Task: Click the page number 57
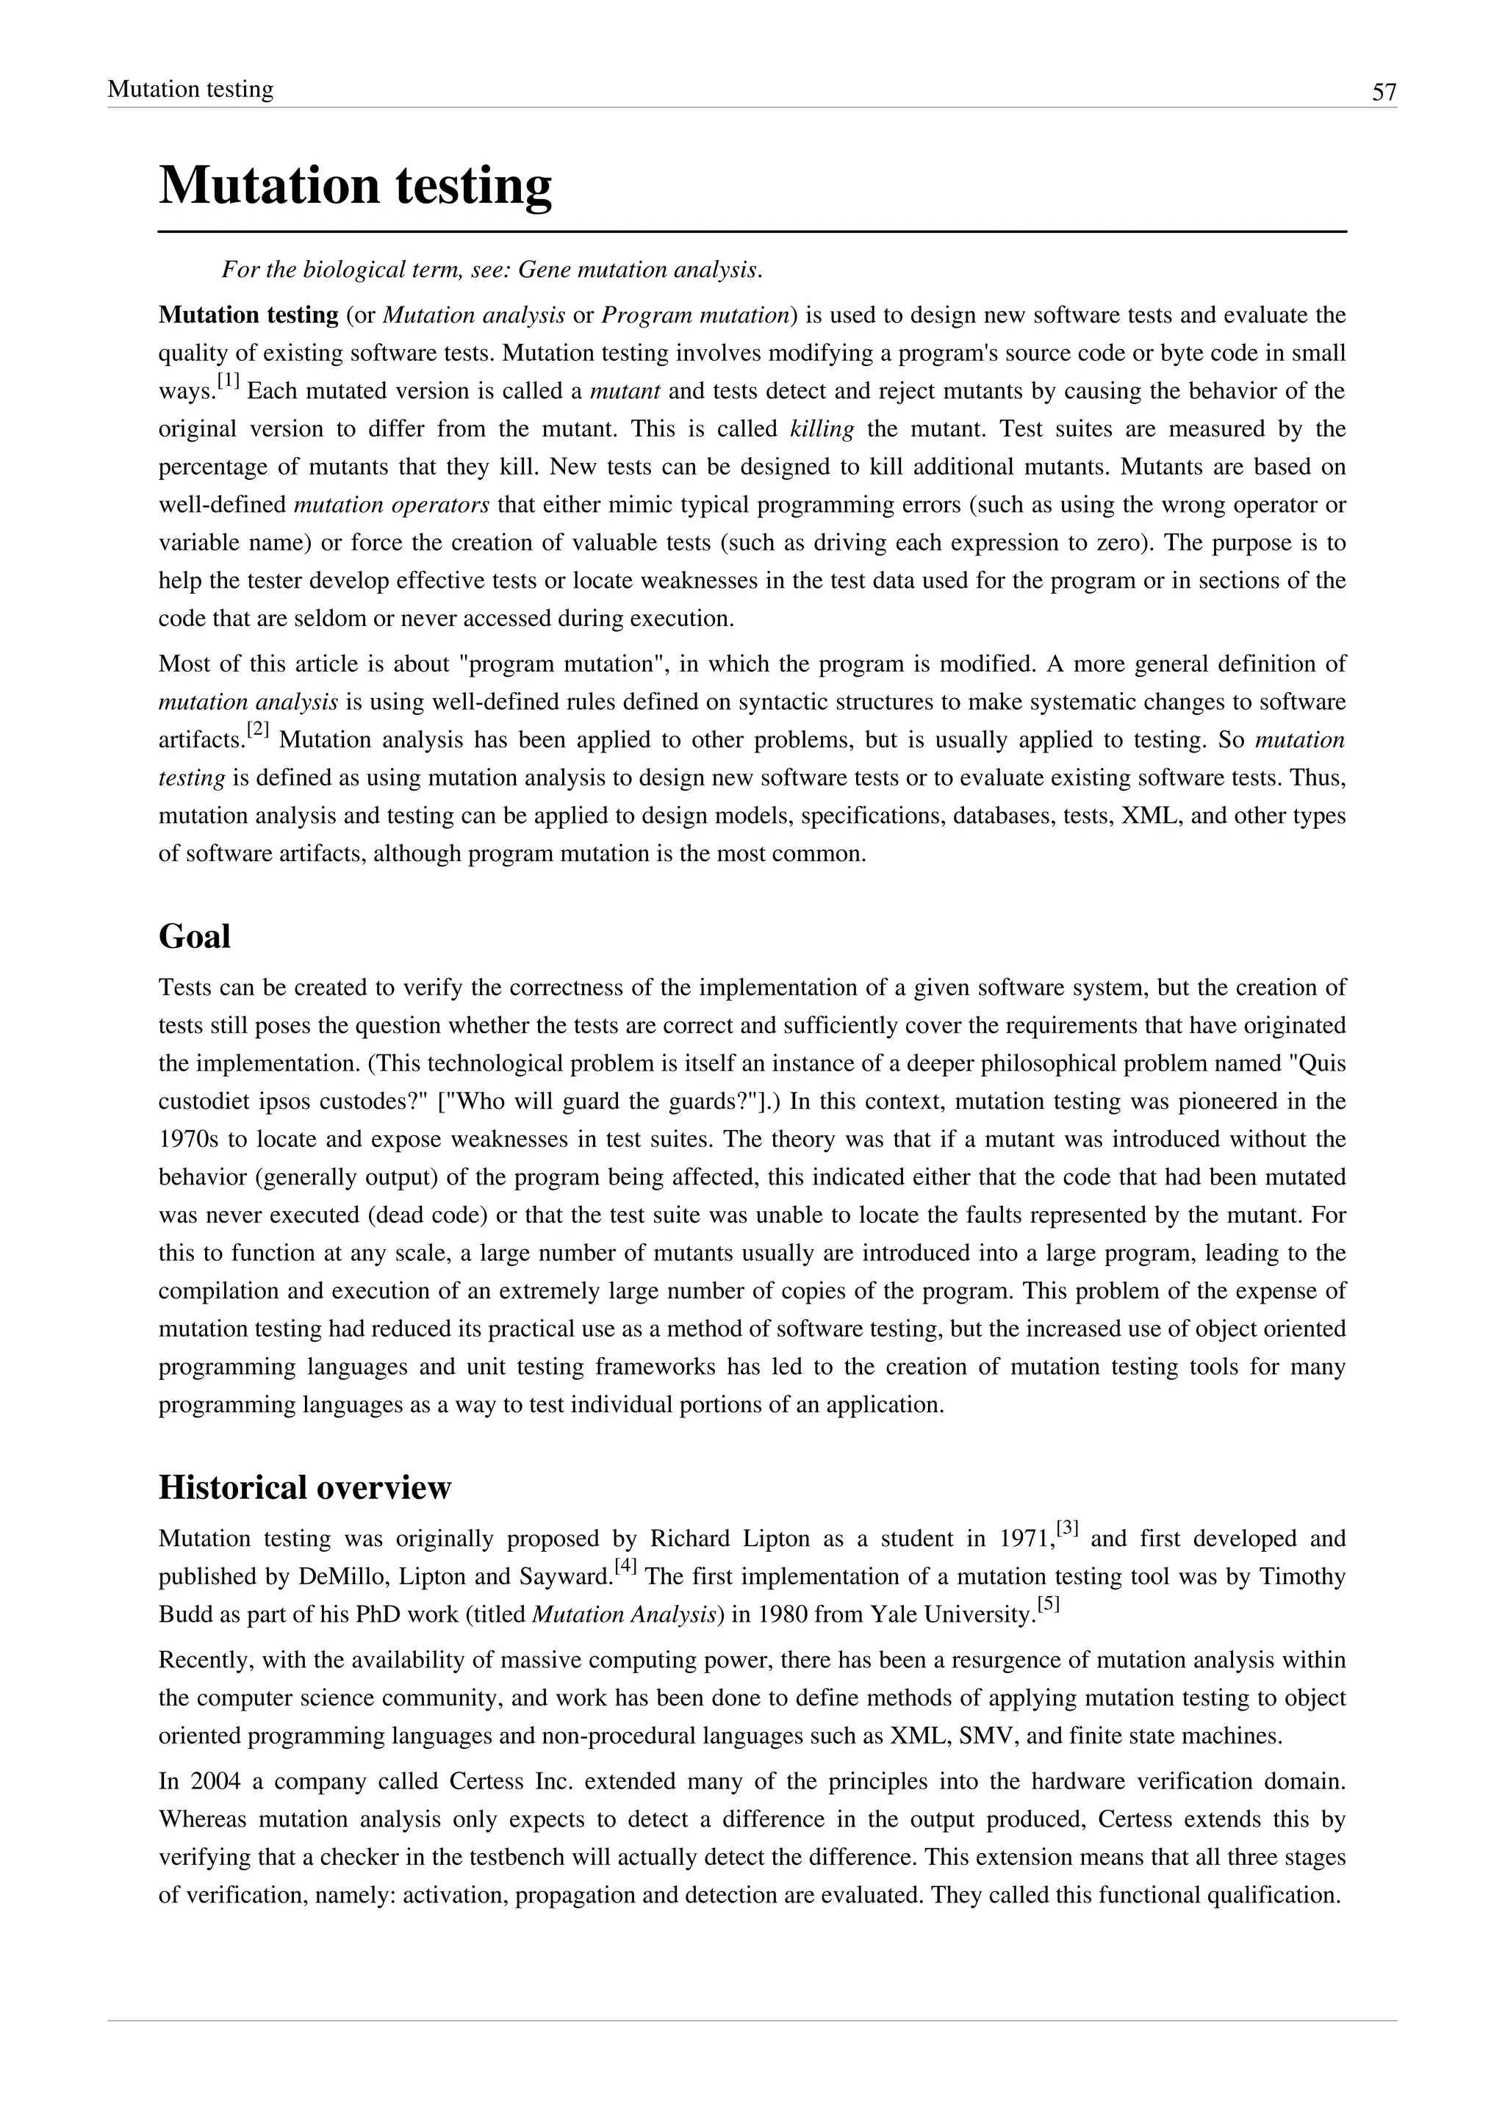1384,92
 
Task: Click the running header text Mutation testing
190,89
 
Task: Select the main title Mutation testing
355,184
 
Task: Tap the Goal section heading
195,936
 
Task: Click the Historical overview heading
305,1487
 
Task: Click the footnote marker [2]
259,731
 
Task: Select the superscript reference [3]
1068,1526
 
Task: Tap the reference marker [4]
626,1565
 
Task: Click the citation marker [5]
1048,1603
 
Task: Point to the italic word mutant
625,391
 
